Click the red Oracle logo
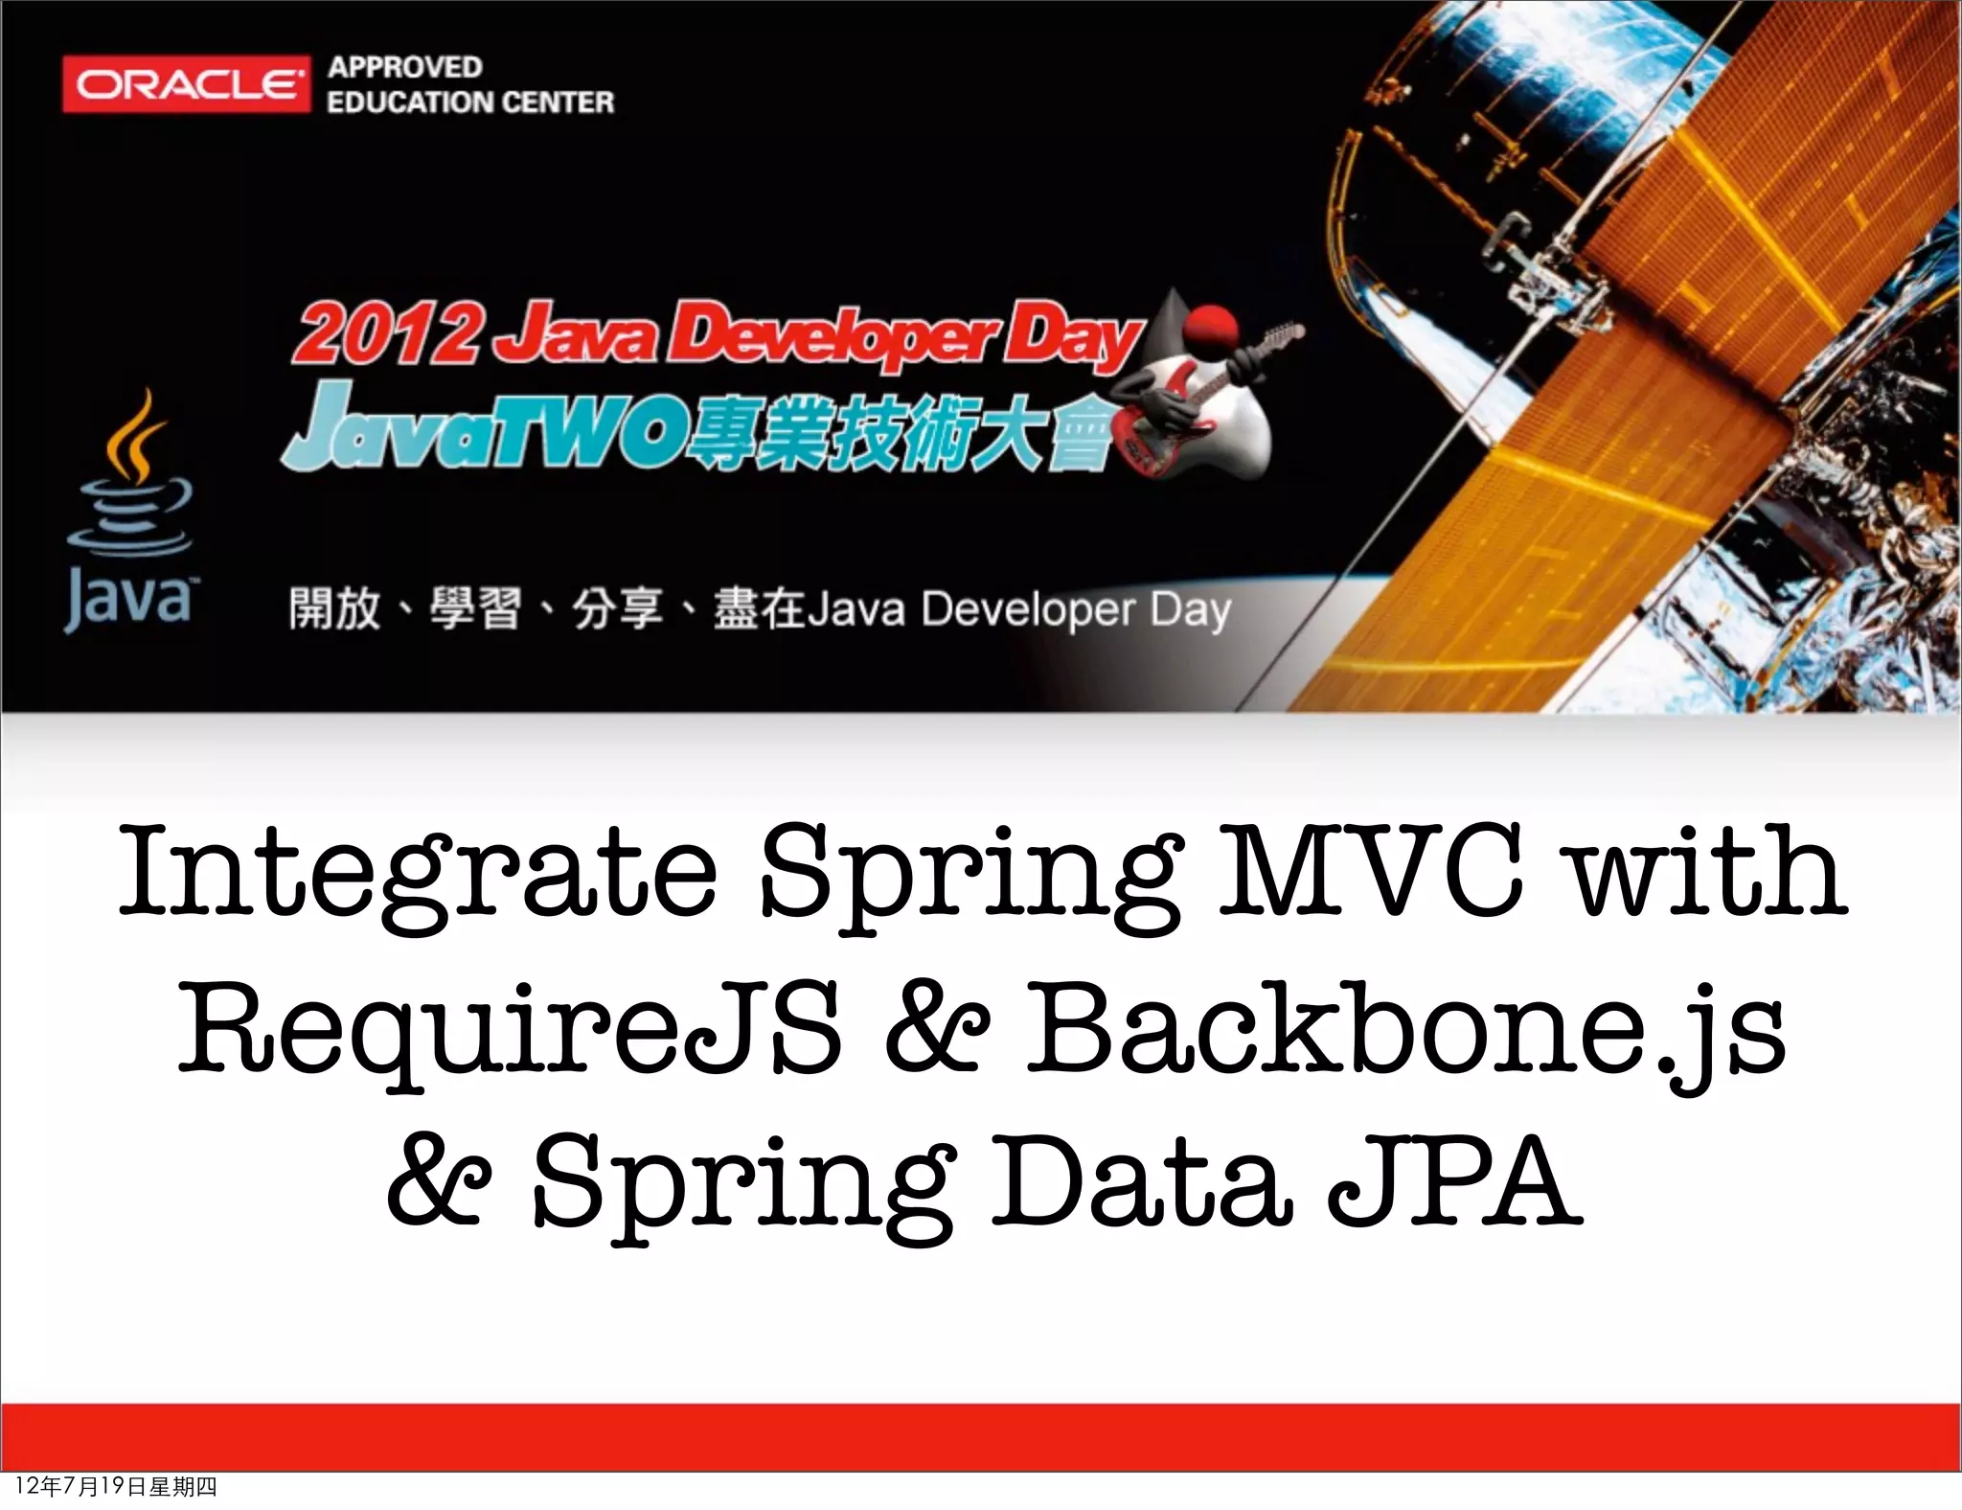[186, 85]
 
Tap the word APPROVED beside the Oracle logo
[404, 67]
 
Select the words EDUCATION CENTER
[469, 102]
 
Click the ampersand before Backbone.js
[935, 1031]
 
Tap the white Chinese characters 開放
[334, 609]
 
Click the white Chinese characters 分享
[617, 609]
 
